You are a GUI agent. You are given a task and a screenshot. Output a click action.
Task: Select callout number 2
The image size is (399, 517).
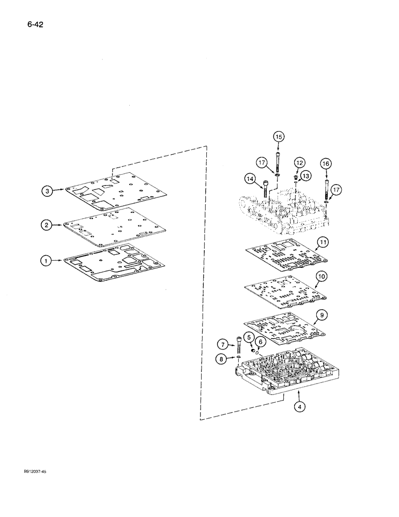47,224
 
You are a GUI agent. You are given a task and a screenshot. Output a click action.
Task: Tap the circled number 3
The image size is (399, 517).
47,191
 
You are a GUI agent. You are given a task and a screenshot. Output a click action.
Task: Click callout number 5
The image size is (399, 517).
249,338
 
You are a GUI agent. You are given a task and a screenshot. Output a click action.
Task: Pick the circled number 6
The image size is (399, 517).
260,342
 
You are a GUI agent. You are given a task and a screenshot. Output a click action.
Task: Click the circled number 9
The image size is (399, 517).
321,314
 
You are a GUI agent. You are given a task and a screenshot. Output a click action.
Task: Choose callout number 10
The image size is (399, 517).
321,277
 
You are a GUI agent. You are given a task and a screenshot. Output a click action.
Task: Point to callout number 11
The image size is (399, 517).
323,242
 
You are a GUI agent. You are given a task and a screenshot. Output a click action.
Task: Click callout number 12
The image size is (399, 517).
300,162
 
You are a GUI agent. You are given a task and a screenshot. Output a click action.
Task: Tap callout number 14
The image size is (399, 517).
251,179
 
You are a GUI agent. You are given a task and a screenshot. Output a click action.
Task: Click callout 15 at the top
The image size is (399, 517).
279,137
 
